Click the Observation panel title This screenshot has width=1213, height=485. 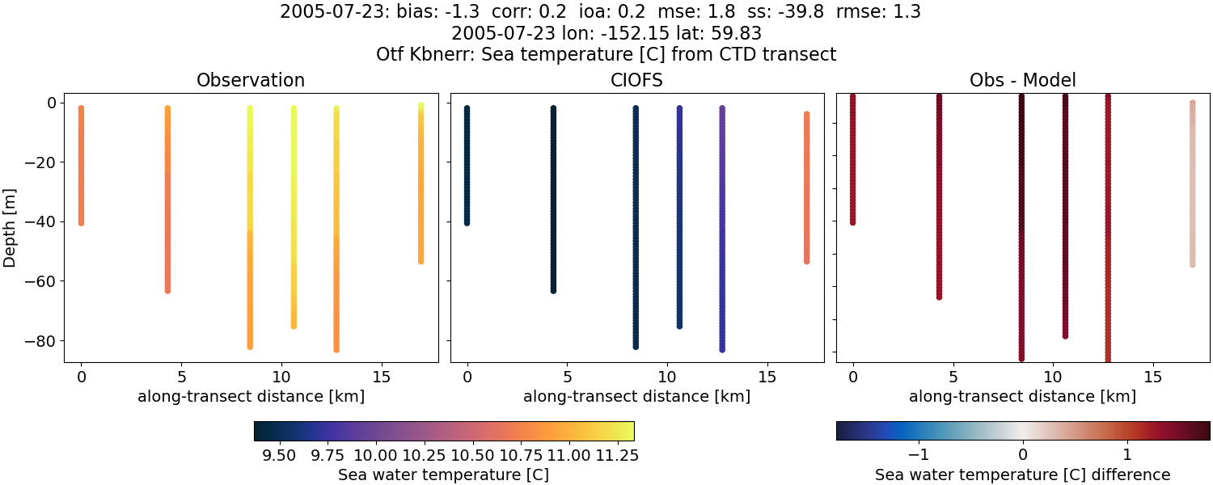click(x=251, y=80)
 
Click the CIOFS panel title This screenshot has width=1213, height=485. click(x=636, y=80)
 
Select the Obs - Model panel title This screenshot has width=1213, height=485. click(x=1022, y=80)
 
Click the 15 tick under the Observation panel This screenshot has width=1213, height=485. click(x=381, y=377)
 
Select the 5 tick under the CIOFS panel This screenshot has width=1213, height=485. click(x=568, y=377)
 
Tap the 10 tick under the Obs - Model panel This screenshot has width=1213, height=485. click(x=1053, y=377)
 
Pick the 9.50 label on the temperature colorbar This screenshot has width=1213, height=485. click(x=279, y=456)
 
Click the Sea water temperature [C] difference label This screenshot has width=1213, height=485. click(x=1022, y=474)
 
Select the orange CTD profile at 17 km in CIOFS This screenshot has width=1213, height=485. click(x=806, y=186)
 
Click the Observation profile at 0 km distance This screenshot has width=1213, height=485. click(x=81, y=166)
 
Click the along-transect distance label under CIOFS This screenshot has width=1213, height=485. click(x=636, y=397)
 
